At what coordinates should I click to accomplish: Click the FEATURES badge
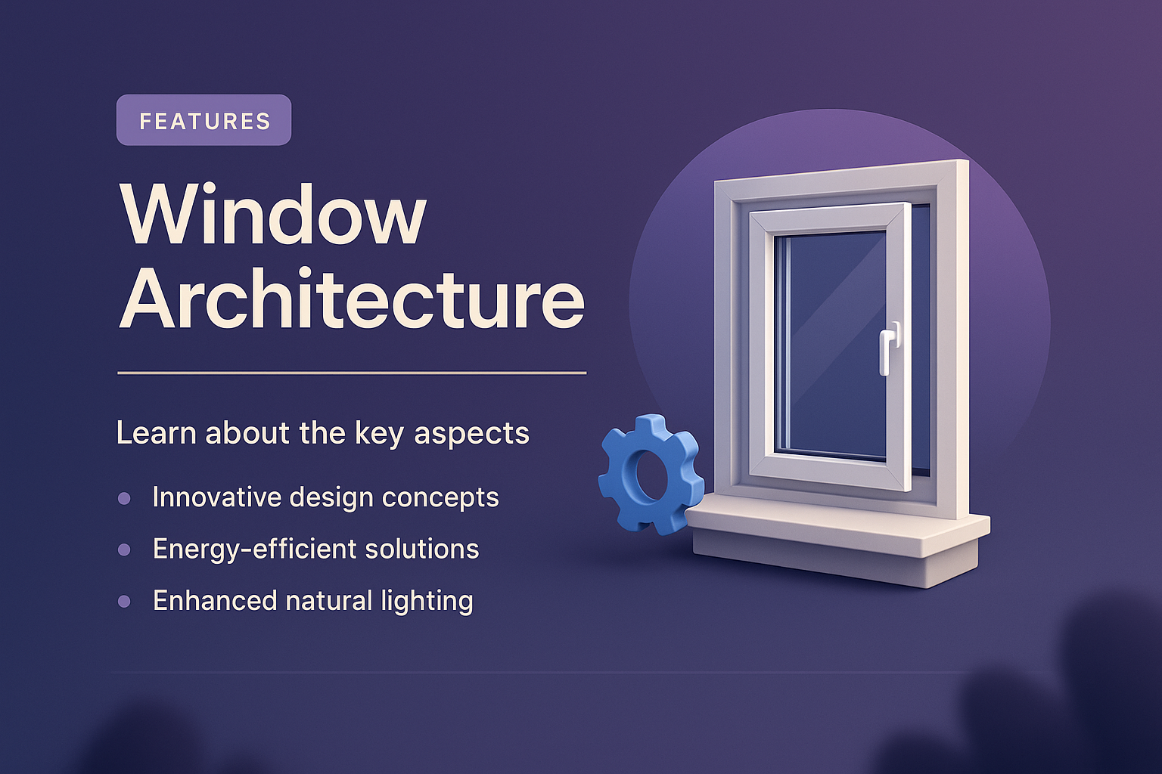tap(204, 120)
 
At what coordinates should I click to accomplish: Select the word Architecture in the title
tap(352, 299)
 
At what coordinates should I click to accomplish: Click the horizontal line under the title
tap(352, 373)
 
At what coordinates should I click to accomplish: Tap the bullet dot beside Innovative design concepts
tap(124, 498)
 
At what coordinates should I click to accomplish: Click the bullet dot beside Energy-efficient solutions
tap(124, 550)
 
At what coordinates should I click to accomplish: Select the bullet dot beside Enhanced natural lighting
tap(124, 602)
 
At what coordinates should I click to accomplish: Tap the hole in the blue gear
tap(648, 475)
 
